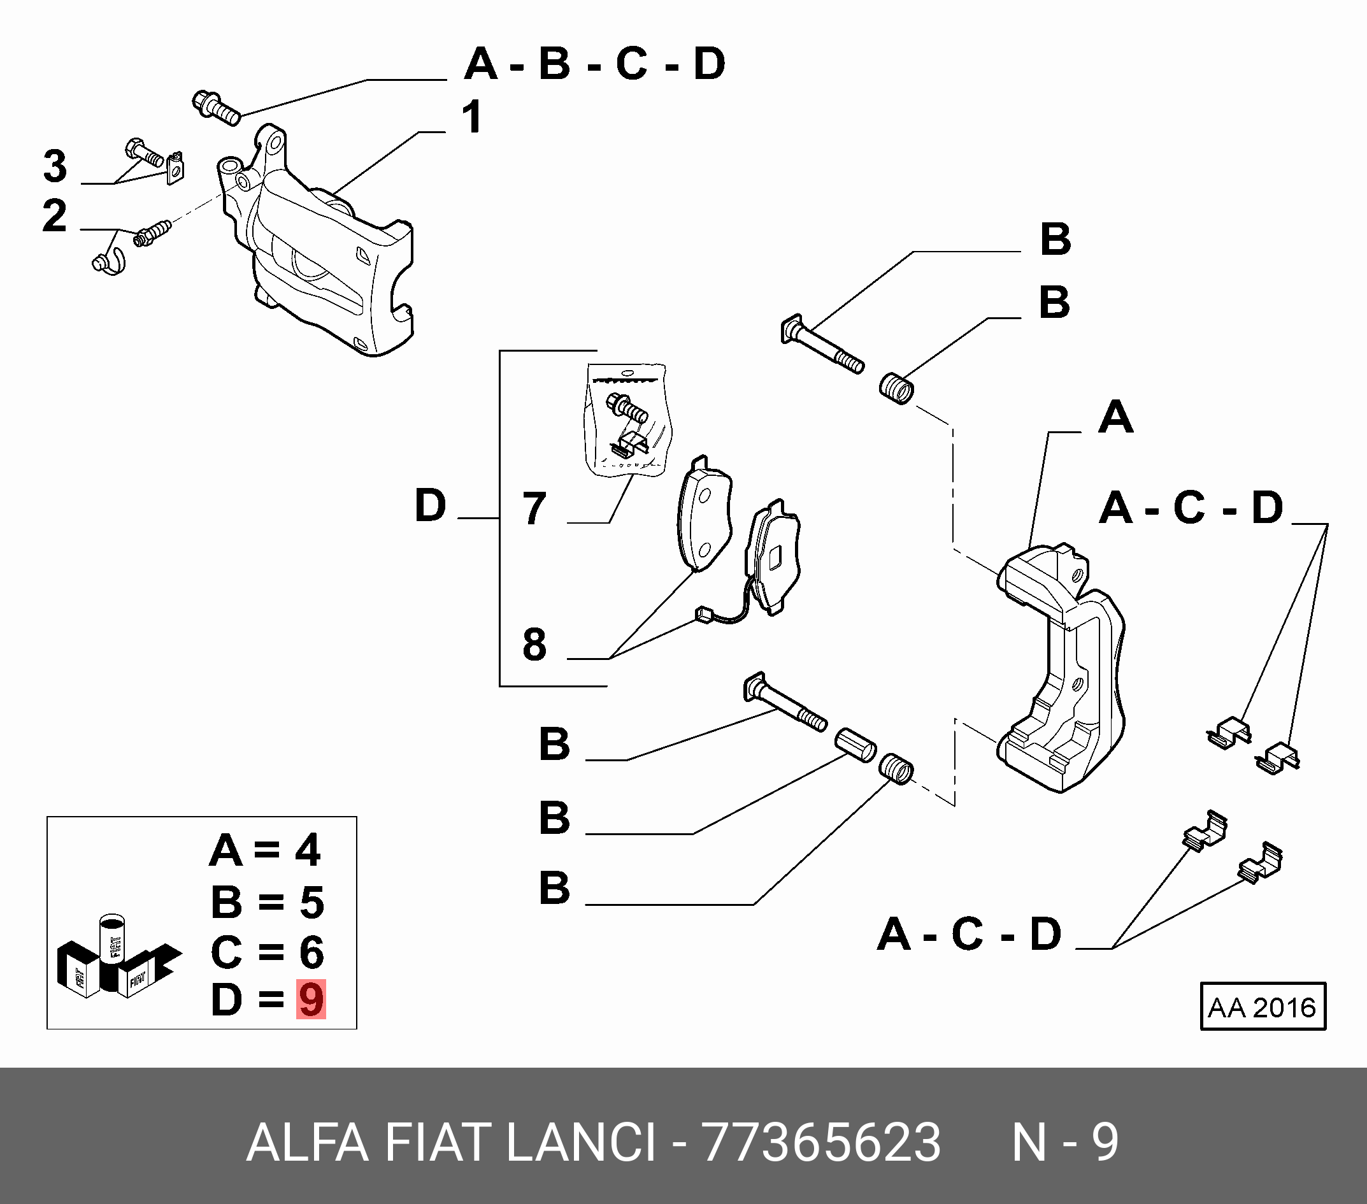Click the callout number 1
point(472,118)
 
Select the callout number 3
point(55,166)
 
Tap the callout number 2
point(55,216)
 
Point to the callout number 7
point(534,509)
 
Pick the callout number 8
point(534,645)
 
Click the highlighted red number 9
point(311,1000)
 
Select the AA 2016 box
point(1262,1007)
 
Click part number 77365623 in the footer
point(820,1142)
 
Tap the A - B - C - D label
point(594,64)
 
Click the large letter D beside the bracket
point(430,506)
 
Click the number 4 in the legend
point(308,851)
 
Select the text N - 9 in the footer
point(1064,1142)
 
